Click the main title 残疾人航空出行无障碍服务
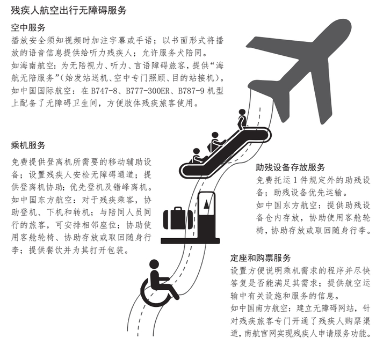tap(69, 10)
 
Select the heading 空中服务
tap(28, 27)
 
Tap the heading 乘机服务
tap(28, 145)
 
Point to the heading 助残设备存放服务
tap(291, 167)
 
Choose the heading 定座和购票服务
tap(261, 258)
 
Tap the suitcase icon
tap(178, 218)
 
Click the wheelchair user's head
tap(154, 264)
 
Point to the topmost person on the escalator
tap(242, 119)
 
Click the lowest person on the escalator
tap(198, 156)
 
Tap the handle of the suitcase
tap(178, 209)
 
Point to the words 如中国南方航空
tap(259, 308)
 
